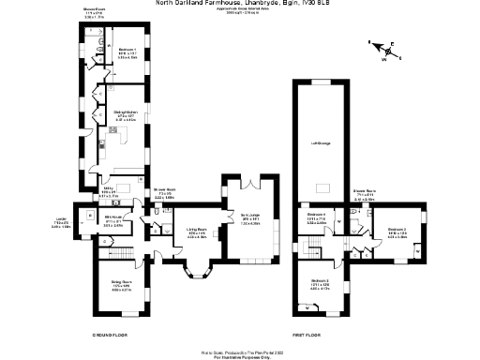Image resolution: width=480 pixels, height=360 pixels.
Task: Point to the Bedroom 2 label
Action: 319,284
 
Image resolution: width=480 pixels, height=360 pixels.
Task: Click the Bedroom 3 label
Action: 397,232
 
